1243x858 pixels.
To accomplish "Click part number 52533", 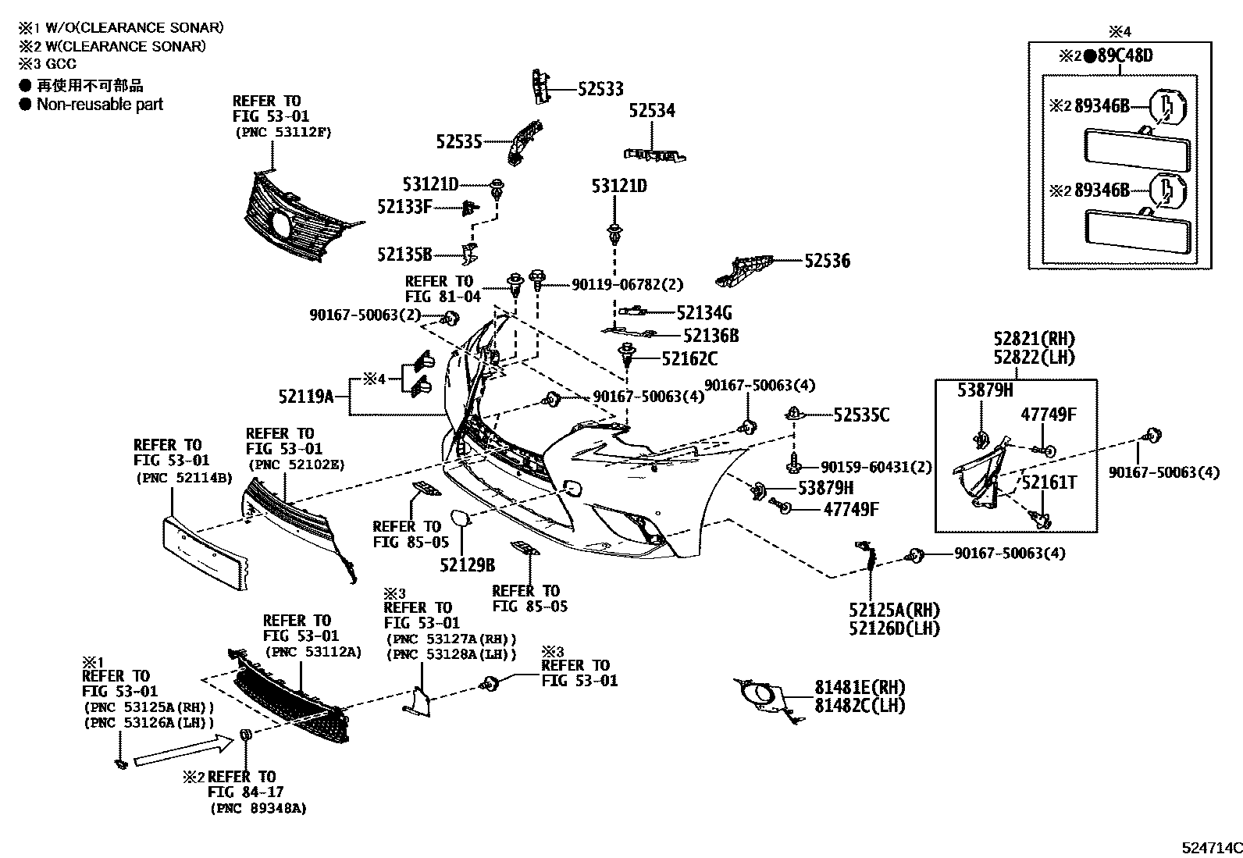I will pyautogui.click(x=600, y=89).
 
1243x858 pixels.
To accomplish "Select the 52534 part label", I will pyautogui.click(x=652, y=111).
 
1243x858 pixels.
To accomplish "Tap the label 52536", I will pyautogui.click(x=828, y=261).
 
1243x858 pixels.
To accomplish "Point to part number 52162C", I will pyautogui.click(x=689, y=359).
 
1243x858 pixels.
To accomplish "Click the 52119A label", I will pyautogui.click(x=306, y=397).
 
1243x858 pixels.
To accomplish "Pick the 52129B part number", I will pyautogui.click(x=467, y=565).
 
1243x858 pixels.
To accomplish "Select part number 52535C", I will pyautogui.click(x=861, y=415).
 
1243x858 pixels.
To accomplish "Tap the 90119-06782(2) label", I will pyautogui.click(x=627, y=286).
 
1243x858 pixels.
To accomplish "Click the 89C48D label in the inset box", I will pyautogui.click(x=1124, y=55).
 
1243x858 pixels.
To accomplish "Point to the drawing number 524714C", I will pyautogui.click(x=1210, y=847).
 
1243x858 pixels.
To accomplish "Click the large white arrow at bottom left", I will pyautogui.click(x=184, y=751).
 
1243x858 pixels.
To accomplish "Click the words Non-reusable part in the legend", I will pyautogui.click(x=100, y=104).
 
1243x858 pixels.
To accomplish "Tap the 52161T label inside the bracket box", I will pyautogui.click(x=1049, y=482).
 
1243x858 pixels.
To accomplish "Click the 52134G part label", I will pyautogui.click(x=703, y=313).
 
